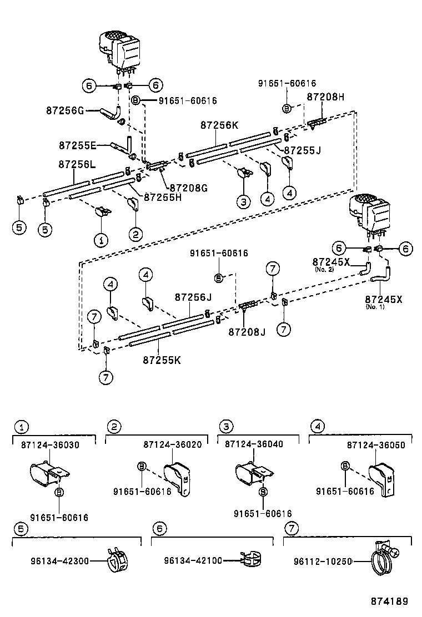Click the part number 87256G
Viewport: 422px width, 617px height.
click(64, 111)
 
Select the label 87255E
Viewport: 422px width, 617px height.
click(77, 145)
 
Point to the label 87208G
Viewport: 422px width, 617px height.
click(188, 188)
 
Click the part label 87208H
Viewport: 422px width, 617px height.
click(325, 97)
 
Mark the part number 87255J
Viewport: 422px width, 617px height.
click(303, 150)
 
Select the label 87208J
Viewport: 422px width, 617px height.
click(247, 332)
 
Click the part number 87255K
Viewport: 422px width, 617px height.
click(162, 360)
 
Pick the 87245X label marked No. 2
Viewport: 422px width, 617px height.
click(331, 261)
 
